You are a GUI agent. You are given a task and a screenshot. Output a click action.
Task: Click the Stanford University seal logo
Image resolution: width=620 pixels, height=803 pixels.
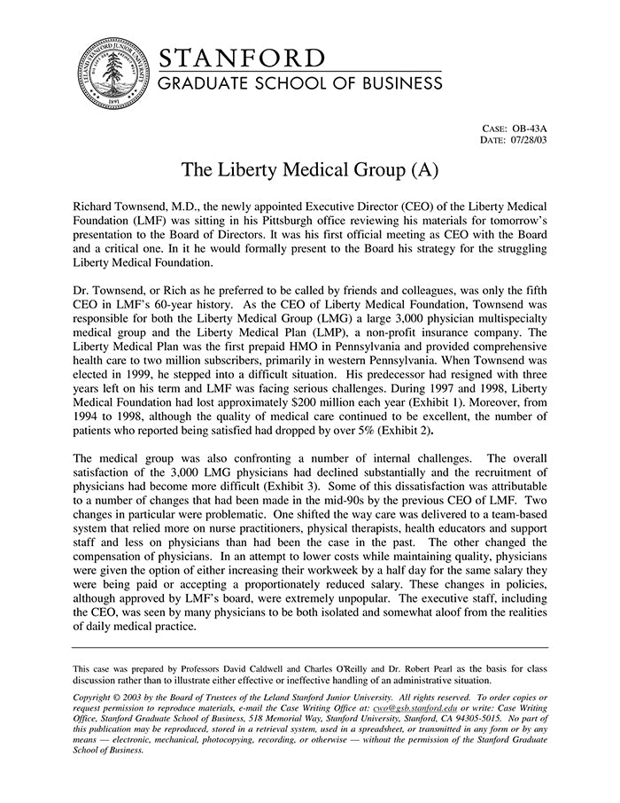(x=113, y=72)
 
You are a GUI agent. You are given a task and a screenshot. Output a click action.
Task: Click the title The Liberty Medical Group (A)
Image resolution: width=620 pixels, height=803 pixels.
(x=309, y=168)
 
